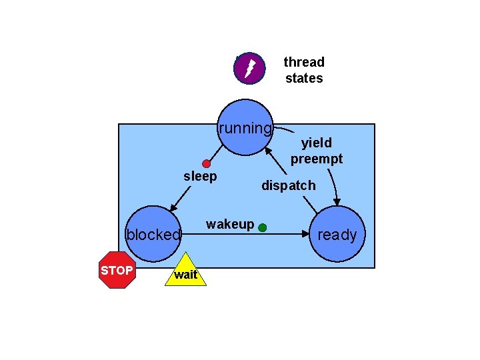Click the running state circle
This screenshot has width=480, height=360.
point(245,128)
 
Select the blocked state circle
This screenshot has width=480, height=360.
point(154,233)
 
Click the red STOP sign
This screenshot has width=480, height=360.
point(117,270)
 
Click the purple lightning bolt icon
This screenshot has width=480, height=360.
point(249,68)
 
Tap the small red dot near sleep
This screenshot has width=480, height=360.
point(207,164)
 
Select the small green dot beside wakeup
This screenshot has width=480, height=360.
point(263,227)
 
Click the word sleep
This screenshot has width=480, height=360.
point(200,176)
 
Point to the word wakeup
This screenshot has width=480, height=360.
point(230,224)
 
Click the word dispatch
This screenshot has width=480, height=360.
point(289,185)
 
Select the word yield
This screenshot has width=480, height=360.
point(316,142)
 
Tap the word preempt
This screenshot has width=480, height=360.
point(316,159)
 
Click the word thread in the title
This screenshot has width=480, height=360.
point(304,62)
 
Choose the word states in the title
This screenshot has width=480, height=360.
point(304,78)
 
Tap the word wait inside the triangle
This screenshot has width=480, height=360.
point(185,275)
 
